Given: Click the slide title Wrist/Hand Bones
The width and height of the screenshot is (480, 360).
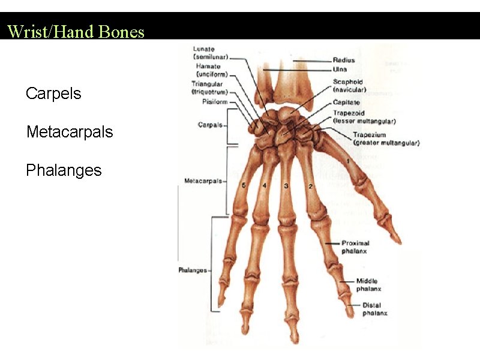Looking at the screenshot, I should coord(76,31).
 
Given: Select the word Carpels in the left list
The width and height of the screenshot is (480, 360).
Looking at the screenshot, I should coord(53,94).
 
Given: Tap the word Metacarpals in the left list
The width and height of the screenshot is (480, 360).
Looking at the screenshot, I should coord(70,132).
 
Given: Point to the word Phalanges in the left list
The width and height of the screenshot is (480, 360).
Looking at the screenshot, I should coord(64,170).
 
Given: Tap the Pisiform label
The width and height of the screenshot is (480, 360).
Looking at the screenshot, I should coord(214,102).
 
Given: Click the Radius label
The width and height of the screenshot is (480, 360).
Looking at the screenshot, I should coord(344,60).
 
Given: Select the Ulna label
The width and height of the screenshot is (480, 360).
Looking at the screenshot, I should coord(340,70).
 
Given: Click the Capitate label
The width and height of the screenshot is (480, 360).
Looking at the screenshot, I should coord(347,103).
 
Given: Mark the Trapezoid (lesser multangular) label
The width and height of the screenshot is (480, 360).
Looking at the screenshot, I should coord(364,117).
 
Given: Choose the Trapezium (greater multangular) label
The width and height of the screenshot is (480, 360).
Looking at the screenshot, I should coord(385,139).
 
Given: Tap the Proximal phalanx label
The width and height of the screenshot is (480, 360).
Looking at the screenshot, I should coord(355,247).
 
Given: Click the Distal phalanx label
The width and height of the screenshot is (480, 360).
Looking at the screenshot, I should coord(374,309).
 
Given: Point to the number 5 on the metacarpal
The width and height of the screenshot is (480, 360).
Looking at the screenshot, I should coord(243,185).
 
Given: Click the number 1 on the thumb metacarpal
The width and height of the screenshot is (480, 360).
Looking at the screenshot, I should coord(349,161).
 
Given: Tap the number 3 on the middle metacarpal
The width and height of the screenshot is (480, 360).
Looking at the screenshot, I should coord(286,186).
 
